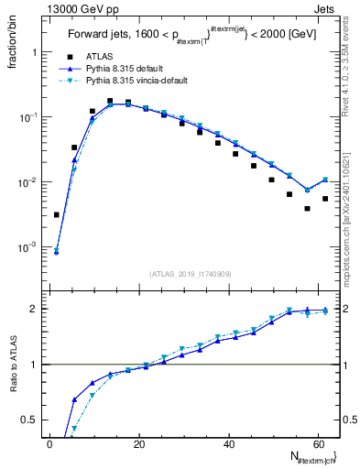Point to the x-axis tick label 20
(139, 444)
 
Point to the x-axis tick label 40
(228, 444)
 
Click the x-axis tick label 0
(50, 444)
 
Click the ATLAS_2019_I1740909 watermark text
(189, 274)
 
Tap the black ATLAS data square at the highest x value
(325, 199)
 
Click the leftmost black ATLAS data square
(57, 215)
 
